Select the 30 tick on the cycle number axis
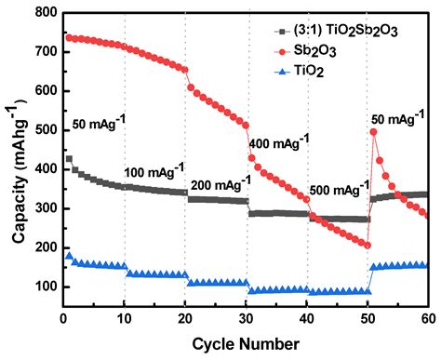pos(247,321)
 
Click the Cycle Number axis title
pos(246,344)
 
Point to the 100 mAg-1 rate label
pos(154,173)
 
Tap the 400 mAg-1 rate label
pos(280,144)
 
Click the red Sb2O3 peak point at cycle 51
pos(374,132)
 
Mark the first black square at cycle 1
pos(69,159)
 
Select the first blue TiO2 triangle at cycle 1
pos(69,256)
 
